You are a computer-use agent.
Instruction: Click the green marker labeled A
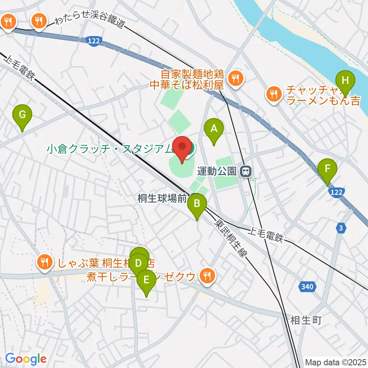pyautogui.click(x=214, y=129)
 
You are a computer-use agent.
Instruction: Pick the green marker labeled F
pyautogui.click(x=327, y=169)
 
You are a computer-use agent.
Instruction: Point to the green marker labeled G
pyautogui.click(x=22, y=115)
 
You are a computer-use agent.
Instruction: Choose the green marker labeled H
pyautogui.click(x=345, y=81)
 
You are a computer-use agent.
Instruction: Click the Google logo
pyautogui.click(x=26, y=359)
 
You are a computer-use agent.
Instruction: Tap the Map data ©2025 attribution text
pyautogui.click(x=336, y=362)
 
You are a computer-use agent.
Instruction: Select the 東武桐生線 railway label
pyautogui.click(x=230, y=240)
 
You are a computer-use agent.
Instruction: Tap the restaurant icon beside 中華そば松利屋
pyautogui.click(x=235, y=79)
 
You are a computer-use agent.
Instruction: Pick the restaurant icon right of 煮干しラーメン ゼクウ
pyautogui.click(x=207, y=275)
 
